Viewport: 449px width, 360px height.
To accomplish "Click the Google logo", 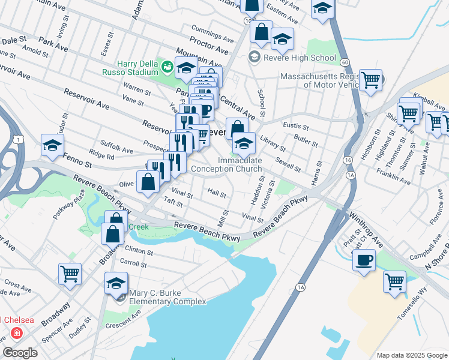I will (20, 353).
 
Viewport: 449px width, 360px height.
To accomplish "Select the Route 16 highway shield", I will (348, 161).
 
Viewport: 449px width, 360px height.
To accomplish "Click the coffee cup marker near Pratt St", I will (364, 260).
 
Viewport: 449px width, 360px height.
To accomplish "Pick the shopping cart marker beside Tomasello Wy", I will (394, 281).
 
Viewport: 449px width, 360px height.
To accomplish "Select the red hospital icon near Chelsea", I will (16, 332).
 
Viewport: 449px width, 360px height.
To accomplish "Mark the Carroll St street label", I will (133, 263).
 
